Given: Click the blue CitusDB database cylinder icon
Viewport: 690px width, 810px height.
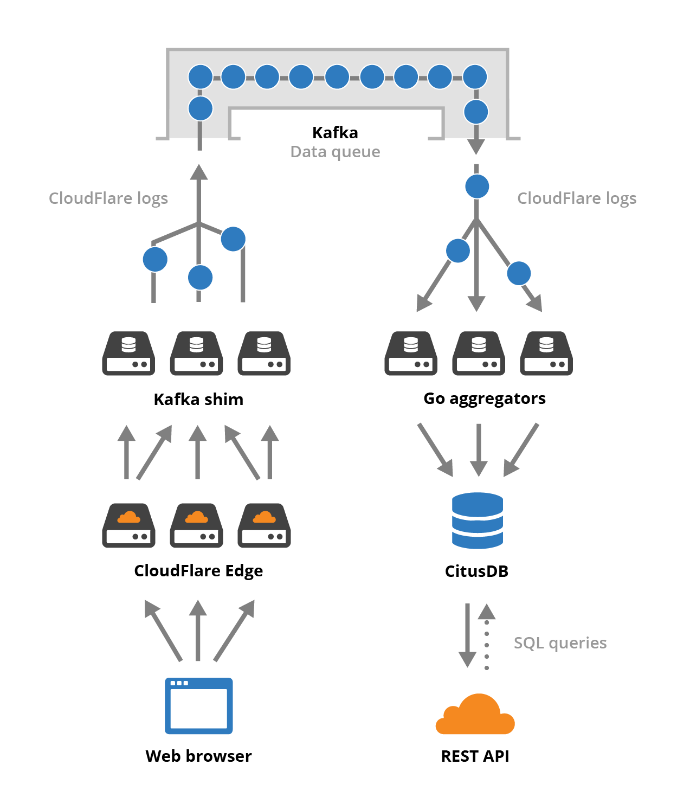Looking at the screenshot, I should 477,520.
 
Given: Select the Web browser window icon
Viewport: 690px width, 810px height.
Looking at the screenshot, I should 198,706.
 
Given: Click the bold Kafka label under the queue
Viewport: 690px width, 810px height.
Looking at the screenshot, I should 335,133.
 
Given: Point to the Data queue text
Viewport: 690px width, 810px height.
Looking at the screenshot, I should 335,152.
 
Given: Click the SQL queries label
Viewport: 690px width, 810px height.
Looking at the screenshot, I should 560,643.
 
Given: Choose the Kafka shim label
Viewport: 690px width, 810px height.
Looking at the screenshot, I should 198,400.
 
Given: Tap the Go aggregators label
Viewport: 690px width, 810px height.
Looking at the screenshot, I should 484,398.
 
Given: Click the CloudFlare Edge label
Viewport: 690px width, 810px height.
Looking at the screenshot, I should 198,571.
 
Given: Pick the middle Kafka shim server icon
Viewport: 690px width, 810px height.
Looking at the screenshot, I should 196,353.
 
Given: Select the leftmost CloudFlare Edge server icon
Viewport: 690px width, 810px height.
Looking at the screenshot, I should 128,525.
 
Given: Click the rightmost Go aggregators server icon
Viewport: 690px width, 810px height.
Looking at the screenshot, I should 546,353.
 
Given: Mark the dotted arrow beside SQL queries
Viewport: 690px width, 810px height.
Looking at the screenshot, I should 487,637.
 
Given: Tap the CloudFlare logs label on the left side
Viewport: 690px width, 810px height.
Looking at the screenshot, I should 108,198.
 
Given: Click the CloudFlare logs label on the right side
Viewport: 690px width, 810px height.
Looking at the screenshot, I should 577,198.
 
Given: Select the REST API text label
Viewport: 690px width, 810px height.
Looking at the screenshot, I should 475,756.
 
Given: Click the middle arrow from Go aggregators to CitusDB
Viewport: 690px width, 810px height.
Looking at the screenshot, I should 478,449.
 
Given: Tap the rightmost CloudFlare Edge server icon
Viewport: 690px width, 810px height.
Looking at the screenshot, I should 264,525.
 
